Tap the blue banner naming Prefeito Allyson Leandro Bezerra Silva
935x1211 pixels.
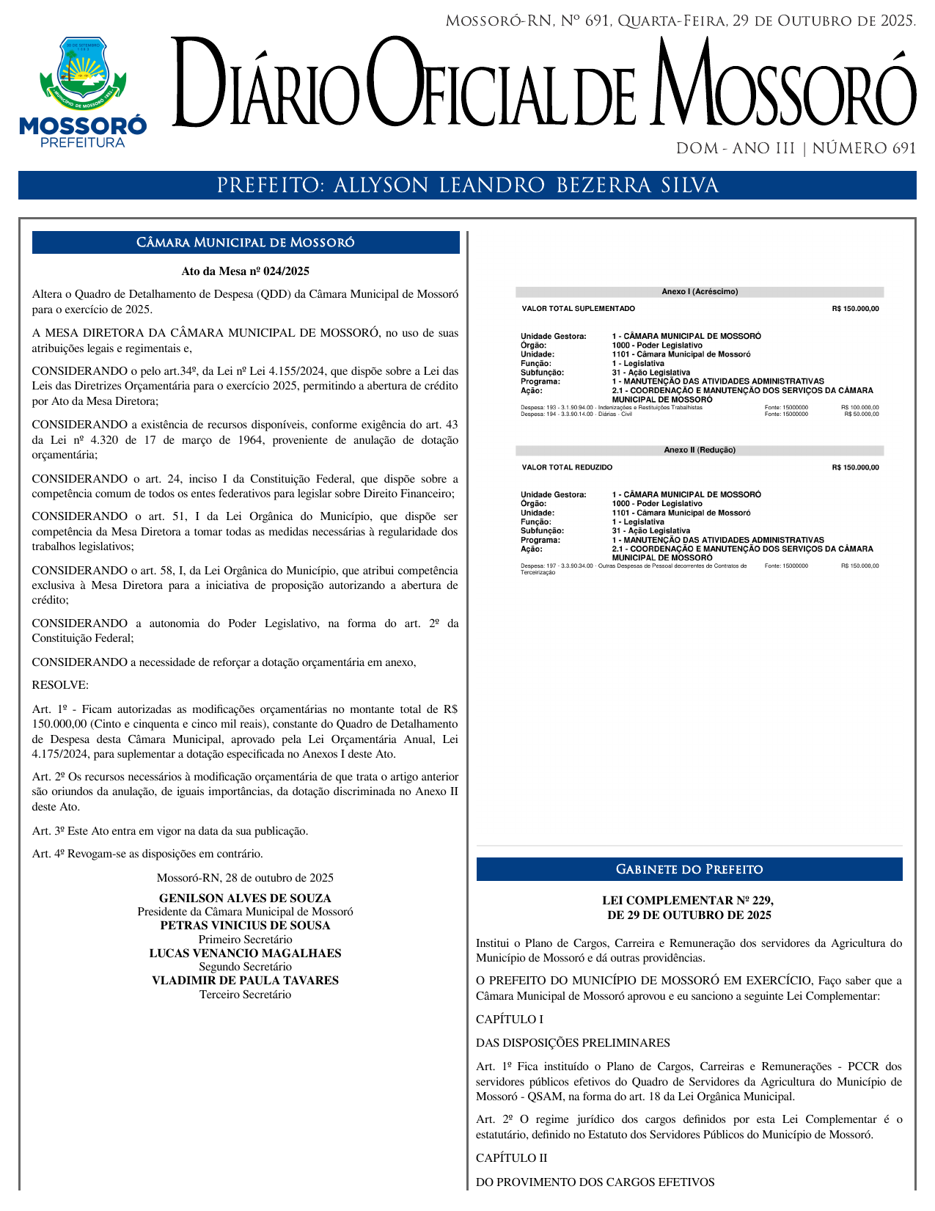coord(467,186)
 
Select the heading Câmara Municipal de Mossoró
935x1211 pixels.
coord(246,243)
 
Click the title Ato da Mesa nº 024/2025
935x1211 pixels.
coord(246,271)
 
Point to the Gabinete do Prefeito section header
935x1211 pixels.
coord(689,869)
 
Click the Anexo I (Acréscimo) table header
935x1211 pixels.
coord(700,292)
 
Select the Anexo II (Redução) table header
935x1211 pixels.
coord(700,450)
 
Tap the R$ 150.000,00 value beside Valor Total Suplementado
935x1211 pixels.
coord(855,309)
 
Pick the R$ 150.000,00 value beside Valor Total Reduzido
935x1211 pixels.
coord(855,468)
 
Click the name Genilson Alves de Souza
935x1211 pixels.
coord(246,899)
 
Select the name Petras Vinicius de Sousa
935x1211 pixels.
coord(246,926)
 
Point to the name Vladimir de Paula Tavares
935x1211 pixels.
coord(246,981)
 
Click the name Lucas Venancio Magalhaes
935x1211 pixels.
coord(246,954)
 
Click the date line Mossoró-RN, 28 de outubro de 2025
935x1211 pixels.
coord(246,878)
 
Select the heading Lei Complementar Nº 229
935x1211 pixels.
coord(688,901)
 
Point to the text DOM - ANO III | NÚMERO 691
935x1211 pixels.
coord(796,149)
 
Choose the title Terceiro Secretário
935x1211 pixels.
coord(246,995)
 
